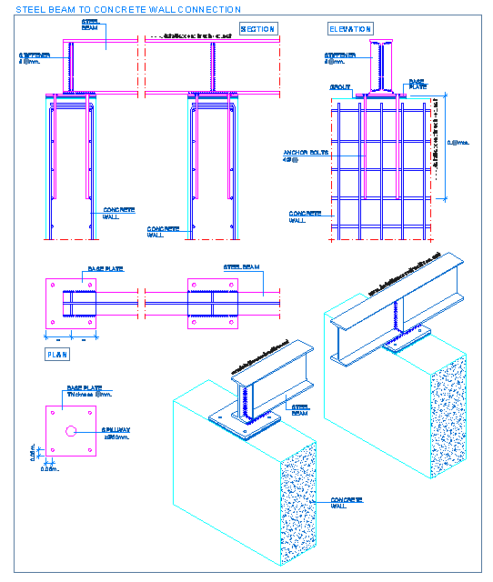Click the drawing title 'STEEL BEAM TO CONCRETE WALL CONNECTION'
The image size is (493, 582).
pyautogui.click(x=127, y=9)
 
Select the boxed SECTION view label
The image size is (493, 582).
pyautogui.click(x=257, y=29)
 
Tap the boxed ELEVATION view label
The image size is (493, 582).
pyautogui.click(x=350, y=29)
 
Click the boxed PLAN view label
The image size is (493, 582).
pyautogui.click(x=56, y=355)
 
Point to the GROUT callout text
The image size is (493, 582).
pyautogui.click(x=340, y=88)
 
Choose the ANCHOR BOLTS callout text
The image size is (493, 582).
pyautogui.click(x=306, y=153)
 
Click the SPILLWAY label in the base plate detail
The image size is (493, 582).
pyautogui.click(x=116, y=429)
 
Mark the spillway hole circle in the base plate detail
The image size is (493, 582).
pyautogui.click(x=71, y=431)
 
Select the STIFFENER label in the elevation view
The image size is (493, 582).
pyautogui.click(x=341, y=55)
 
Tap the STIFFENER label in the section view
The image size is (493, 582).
pyautogui.click(x=35, y=55)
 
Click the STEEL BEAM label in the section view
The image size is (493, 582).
pyautogui.click(x=91, y=25)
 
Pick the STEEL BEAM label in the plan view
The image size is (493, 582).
pyautogui.click(x=242, y=267)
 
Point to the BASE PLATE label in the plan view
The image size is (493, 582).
pyautogui.click(x=106, y=269)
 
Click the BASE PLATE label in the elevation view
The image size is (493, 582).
pyautogui.click(x=416, y=84)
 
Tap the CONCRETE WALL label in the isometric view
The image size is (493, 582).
pyautogui.click(x=346, y=502)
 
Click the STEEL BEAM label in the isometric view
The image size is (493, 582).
pyautogui.click(x=299, y=410)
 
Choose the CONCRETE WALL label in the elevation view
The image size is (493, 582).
pyautogui.click(x=305, y=216)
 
